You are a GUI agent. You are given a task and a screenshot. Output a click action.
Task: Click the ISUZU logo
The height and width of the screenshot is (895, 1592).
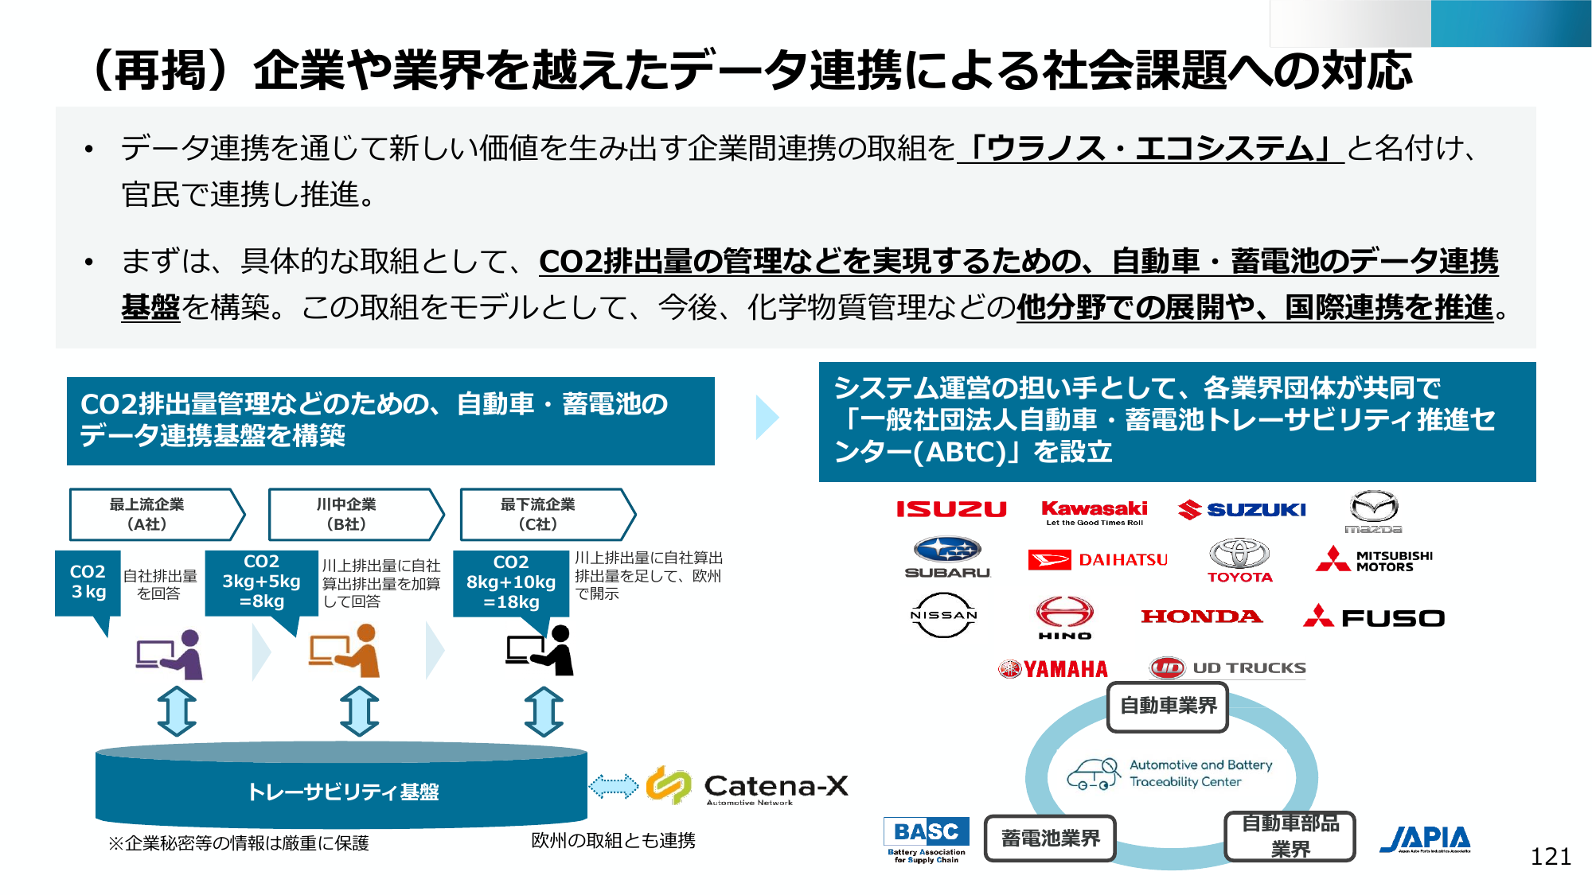click(951, 509)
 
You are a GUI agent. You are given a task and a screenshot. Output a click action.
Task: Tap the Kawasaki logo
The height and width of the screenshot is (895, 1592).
click(1094, 512)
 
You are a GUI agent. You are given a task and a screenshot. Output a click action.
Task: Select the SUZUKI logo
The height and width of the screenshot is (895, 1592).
click(1242, 509)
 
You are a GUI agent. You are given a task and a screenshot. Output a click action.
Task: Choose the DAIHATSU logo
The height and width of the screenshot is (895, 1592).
click(1098, 560)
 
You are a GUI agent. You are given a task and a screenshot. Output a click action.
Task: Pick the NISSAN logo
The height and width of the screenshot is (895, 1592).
click(943, 615)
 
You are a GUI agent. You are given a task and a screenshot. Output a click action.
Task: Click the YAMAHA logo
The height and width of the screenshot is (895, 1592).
click(1052, 669)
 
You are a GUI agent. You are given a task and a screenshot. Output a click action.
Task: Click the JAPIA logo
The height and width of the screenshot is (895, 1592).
click(1425, 839)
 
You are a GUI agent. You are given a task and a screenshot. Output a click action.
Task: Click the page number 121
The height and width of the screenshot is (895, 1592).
click(1551, 857)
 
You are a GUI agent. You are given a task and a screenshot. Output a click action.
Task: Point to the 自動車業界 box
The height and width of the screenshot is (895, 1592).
click(1168, 706)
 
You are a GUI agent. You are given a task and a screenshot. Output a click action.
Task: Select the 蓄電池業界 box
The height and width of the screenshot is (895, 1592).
click(1050, 839)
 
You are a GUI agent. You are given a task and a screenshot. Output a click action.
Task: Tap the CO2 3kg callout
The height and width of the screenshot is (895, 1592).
click(88, 583)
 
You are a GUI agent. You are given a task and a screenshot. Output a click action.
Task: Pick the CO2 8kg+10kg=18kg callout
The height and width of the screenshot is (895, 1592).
click(511, 583)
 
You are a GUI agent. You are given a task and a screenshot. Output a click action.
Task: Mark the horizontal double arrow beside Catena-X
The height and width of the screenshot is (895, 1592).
click(613, 787)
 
